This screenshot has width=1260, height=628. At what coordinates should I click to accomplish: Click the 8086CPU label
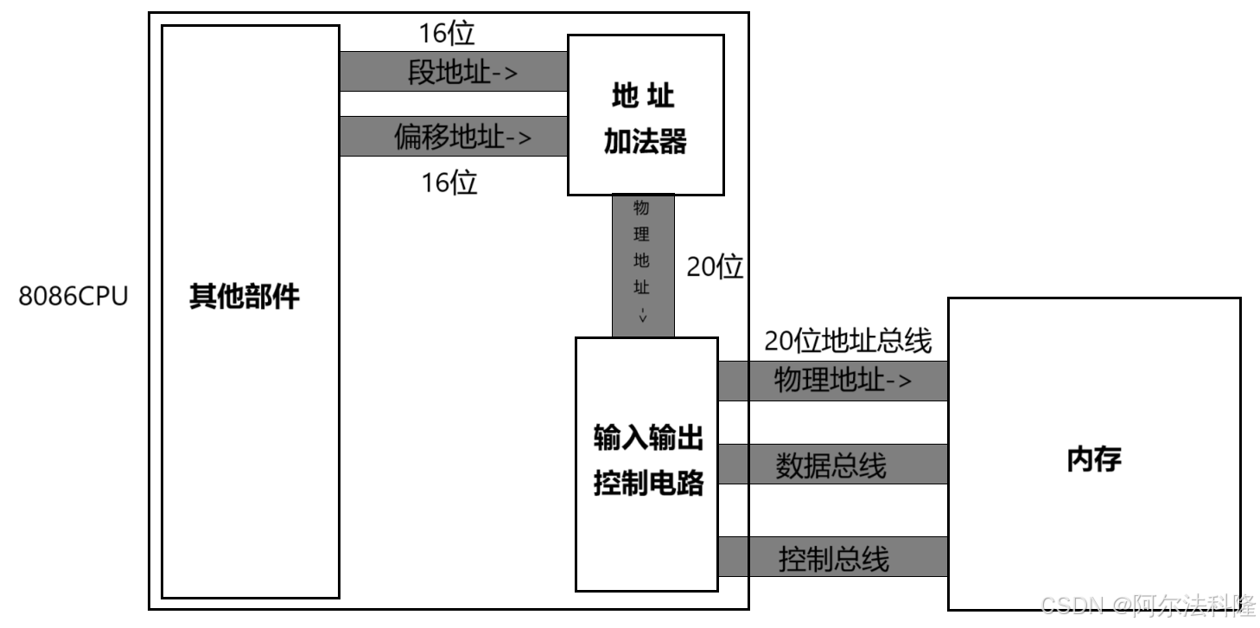[73, 297]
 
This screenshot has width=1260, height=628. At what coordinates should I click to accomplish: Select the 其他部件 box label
[245, 297]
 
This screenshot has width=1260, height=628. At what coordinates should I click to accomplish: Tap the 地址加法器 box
[645, 115]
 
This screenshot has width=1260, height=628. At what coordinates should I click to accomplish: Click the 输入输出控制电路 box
[647, 463]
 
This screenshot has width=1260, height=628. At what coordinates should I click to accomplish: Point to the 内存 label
[1094, 458]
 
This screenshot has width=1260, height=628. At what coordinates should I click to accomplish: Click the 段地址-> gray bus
[453, 72]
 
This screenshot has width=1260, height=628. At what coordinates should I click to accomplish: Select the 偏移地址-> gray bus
[453, 137]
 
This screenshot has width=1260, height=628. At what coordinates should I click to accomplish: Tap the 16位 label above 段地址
[447, 34]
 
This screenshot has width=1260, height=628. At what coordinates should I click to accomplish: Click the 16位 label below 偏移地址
[449, 183]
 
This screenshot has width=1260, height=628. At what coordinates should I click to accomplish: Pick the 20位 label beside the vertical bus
[715, 267]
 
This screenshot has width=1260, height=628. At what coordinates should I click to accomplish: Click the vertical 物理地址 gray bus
[642, 265]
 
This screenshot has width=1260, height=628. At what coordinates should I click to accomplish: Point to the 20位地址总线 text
[848, 342]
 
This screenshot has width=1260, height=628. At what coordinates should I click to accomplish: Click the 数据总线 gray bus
[831, 465]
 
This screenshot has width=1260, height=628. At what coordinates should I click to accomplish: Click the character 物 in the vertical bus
[641, 208]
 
